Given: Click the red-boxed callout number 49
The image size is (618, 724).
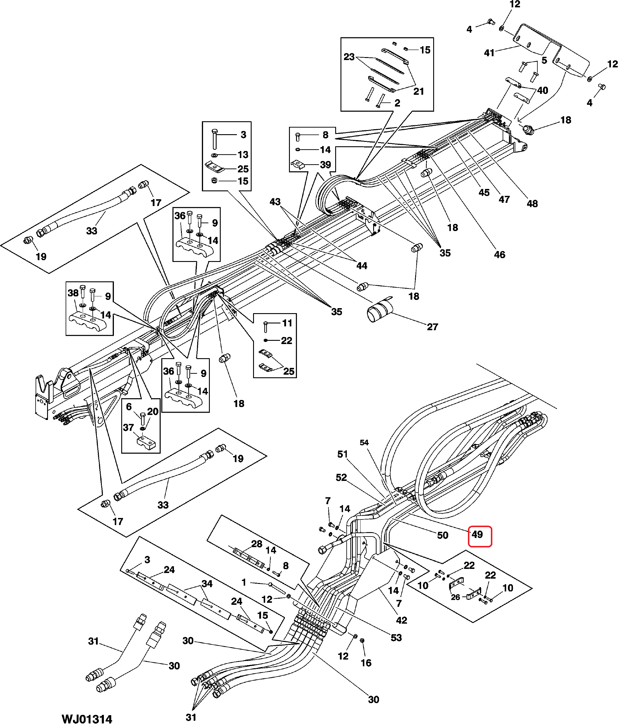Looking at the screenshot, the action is coord(477,535).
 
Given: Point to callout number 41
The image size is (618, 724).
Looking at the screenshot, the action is coord(489,53).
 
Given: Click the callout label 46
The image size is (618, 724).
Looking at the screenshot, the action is coord(500,254).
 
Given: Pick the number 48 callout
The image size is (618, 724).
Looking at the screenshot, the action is coord(532,203).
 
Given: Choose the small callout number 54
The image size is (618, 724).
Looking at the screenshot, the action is coord(364,442).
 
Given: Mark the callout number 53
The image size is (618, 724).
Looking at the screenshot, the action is coord(396,638).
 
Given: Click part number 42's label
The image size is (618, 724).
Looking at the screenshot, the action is coord(401,620).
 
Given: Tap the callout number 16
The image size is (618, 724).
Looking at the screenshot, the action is coord(366,663).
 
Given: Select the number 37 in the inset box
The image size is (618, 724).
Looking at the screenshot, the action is coord(128,427).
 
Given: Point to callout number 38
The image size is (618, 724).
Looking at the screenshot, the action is coord(73,293).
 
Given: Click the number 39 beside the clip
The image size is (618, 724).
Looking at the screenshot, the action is coord(325,165).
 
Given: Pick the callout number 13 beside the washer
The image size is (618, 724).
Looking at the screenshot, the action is coord(243,155).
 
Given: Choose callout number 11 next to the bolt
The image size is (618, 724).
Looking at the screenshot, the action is coord(287,323).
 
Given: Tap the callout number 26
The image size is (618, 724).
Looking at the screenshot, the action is coord(455,597).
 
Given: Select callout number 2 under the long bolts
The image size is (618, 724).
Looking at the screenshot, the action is coord(397,103).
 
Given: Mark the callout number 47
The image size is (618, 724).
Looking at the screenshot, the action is coord(504,199).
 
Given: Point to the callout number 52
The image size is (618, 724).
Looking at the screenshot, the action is coord(341,477).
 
